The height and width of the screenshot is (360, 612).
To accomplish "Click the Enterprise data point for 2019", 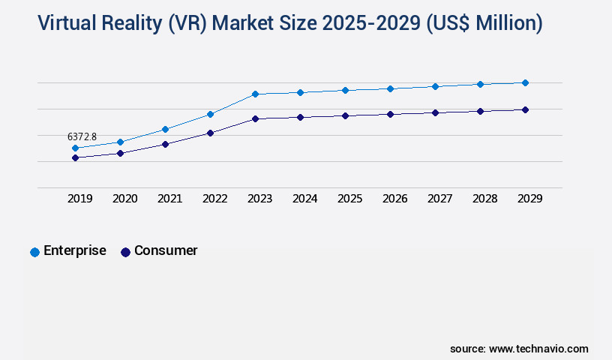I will [75, 148].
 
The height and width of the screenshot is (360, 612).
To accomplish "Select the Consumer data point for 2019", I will [75, 158].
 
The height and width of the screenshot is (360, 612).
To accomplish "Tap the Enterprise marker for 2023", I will [255, 94].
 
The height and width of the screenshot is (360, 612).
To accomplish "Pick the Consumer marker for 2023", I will [255, 118].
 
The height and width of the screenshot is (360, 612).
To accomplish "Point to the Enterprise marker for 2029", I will [525, 82].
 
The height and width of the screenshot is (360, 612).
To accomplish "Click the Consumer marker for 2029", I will [525, 109].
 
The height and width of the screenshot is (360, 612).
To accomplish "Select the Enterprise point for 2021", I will [165, 129].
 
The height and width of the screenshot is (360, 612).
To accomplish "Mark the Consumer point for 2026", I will [390, 114].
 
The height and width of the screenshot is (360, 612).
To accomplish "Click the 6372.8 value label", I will [82, 136].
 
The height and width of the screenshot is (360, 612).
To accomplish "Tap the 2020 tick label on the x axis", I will [124, 199].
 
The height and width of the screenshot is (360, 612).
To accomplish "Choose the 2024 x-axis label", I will [304, 199].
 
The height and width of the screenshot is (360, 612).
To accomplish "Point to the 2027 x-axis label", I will [439, 199].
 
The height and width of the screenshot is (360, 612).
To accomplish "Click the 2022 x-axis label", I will [214, 199].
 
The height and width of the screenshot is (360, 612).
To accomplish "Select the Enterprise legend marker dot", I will [34, 252].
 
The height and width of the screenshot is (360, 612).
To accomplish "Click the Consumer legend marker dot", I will [125, 252].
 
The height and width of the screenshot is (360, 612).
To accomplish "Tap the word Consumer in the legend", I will [166, 250].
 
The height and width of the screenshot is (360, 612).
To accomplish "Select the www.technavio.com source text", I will [538, 349].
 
